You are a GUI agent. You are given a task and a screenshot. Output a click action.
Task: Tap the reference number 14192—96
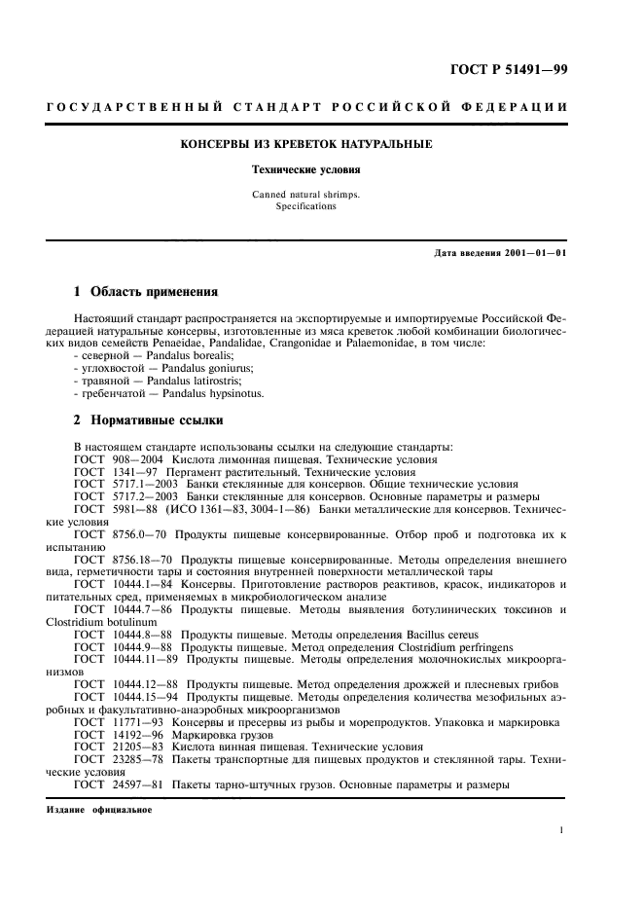coord(138,735)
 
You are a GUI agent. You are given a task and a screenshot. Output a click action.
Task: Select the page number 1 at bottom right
coord(562,830)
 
